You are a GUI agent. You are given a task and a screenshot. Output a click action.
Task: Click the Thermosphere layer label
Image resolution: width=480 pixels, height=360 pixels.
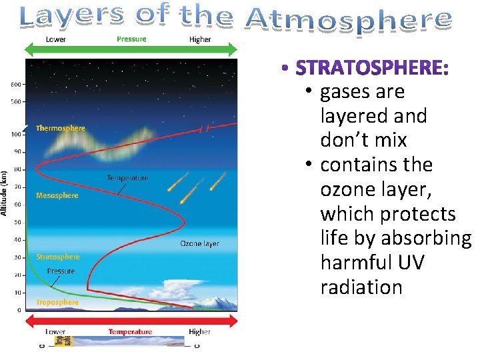61,128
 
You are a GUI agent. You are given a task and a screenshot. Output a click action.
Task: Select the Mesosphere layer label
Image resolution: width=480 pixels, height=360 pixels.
57,195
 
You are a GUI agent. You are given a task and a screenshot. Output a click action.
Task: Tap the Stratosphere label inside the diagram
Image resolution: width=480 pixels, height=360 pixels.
58,257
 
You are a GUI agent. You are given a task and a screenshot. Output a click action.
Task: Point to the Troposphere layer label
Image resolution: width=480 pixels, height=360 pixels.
57,302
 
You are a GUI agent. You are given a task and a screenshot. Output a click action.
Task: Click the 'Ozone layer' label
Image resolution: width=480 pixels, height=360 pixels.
199,243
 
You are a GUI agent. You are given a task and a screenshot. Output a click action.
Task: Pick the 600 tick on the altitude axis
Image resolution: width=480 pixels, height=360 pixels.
15,84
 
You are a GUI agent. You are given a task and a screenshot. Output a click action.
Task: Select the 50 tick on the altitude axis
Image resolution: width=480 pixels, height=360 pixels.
17,222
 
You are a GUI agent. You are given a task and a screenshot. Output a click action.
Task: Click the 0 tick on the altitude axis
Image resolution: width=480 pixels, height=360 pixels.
19,310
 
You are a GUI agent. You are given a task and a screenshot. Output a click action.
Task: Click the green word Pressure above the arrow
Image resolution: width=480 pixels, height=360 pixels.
131,39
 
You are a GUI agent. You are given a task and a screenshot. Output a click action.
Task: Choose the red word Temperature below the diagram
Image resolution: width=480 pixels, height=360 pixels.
130,331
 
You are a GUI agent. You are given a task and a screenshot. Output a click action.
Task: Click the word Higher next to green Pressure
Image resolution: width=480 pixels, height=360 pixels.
199,39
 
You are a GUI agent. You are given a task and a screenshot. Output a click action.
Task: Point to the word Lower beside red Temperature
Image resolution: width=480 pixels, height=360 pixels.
55,331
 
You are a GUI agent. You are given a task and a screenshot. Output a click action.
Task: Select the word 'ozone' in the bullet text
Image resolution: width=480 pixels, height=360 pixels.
349,189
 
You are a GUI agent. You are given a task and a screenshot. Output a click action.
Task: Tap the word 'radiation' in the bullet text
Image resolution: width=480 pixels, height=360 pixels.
361,287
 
